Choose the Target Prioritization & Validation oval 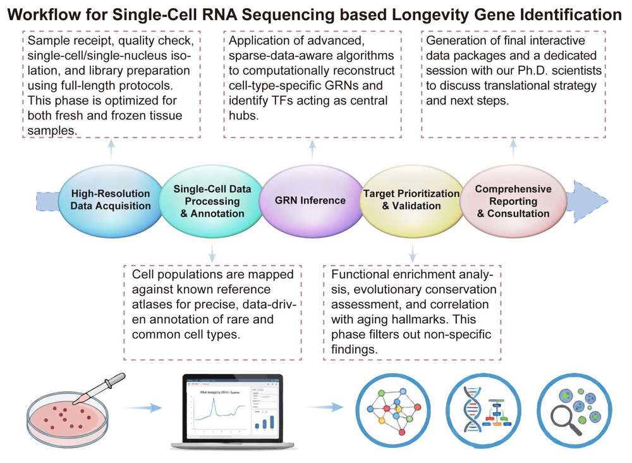pyautogui.click(x=410, y=200)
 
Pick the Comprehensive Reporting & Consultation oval pyautogui.click(x=513, y=201)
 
